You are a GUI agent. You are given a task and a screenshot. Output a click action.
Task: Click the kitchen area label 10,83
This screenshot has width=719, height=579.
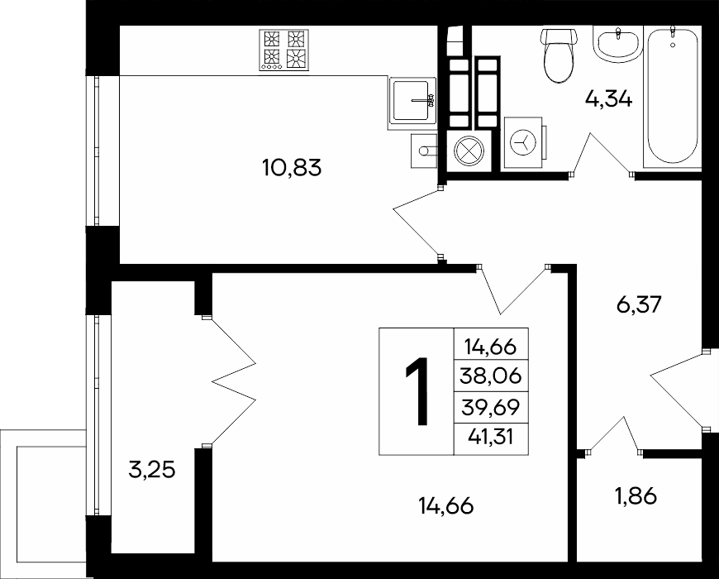(x=292, y=168)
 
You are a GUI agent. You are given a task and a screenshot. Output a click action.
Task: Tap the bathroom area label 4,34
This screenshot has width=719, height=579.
(x=608, y=98)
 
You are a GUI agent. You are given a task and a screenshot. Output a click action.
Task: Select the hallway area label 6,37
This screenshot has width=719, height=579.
(x=639, y=304)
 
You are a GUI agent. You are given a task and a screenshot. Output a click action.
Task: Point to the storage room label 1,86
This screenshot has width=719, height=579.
(x=636, y=495)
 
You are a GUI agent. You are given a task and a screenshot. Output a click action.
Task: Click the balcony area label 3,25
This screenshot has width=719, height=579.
(x=152, y=471)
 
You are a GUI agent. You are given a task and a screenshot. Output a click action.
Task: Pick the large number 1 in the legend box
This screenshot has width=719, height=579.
(x=417, y=391)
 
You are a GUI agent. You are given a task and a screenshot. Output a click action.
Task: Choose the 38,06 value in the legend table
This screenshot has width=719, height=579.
(x=491, y=376)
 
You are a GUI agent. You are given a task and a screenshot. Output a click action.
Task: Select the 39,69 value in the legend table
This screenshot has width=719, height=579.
(x=491, y=407)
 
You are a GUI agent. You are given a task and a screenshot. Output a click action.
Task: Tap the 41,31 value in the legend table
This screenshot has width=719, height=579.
(x=491, y=436)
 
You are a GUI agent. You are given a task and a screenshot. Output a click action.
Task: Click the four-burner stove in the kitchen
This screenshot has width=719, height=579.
(x=283, y=50)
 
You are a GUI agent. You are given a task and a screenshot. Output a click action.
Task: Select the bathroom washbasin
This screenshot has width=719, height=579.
(x=617, y=44)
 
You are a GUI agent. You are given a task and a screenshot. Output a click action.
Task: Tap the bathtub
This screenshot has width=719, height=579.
(x=672, y=96)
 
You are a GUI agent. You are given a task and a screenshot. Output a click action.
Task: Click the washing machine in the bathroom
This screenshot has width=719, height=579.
(x=525, y=141)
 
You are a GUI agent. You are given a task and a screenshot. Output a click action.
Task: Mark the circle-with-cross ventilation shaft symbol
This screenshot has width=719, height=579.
(x=468, y=150)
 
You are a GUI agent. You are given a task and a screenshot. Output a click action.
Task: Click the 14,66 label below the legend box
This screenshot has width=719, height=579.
(x=445, y=506)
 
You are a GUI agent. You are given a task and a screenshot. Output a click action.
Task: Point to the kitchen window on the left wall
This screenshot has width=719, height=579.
(x=97, y=151)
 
